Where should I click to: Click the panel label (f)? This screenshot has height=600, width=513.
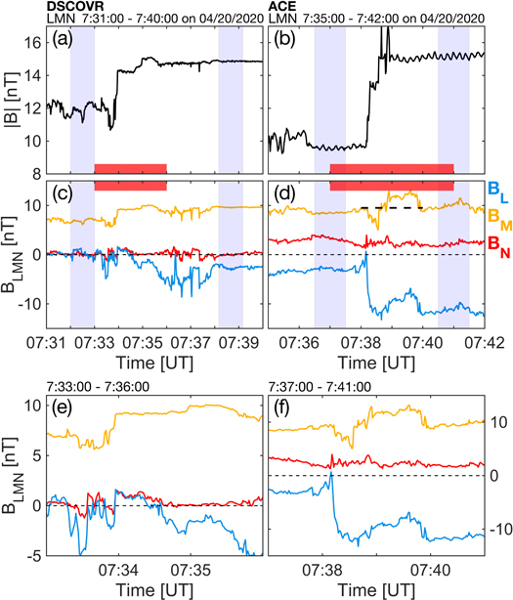point(286,402)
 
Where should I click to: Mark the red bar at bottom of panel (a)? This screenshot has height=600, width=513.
point(130,169)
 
